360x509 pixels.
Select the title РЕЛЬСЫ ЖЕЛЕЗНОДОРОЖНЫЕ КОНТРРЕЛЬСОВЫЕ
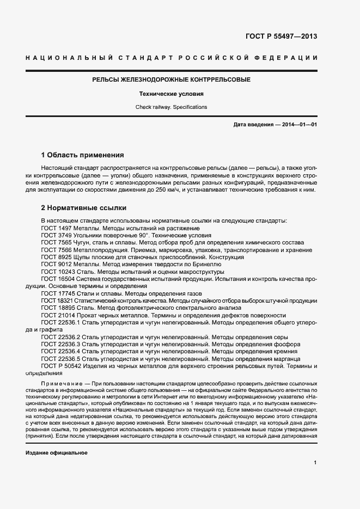click(171, 79)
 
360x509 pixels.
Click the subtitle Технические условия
click(171, 94)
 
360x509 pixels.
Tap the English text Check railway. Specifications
click(171, 107)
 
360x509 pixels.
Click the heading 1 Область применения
click(83, 155)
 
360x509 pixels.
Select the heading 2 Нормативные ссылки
click(84, 207)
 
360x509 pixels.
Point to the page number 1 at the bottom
click(315, 462)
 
